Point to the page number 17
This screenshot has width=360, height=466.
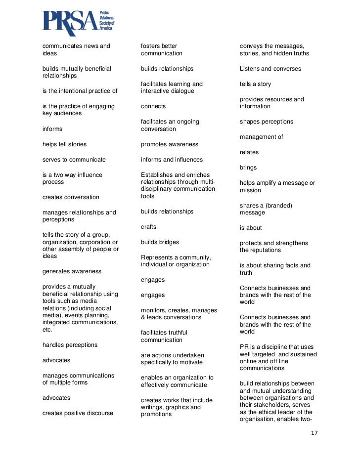tap(315, 433)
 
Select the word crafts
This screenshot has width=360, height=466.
tap(148, 227)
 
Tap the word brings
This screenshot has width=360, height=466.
tap(248, 168)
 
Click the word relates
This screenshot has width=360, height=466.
tap(249, 152)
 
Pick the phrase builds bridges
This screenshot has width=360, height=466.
tap(160, 242)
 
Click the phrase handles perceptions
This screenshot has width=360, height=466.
tap(70, 344)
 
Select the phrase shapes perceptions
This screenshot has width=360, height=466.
tap(267, 122)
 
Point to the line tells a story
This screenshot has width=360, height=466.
tap(255, 84)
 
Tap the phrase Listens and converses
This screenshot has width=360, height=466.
tap(270, 69)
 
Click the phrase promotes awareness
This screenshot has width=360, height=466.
tap(169, 144)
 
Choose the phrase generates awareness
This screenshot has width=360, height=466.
tap(72, 271)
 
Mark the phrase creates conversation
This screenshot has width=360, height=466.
tap(71, 197)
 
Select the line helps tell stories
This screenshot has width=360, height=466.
tap(64, 144)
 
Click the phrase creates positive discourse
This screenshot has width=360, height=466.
tap(78, 413)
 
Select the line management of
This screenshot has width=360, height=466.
tap(262, 137)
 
